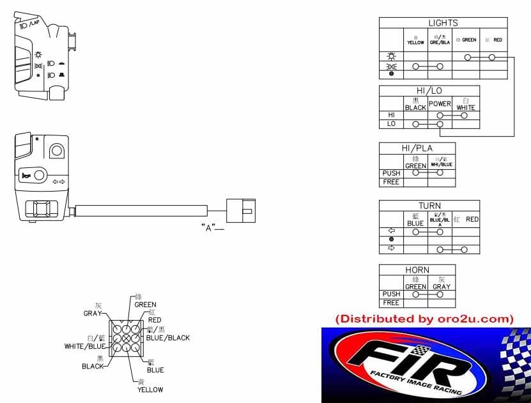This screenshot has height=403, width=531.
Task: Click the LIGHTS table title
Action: coord(442,23)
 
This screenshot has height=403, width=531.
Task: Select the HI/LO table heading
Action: coord(429,91)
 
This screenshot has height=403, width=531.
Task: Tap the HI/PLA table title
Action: coord(417,148)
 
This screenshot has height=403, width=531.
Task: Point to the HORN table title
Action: coord(417,270)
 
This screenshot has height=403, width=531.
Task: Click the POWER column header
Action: coord(440,104)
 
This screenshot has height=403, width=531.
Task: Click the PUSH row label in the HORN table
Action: coord(391,294)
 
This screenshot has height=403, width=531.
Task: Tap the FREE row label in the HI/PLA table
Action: coord(391,182)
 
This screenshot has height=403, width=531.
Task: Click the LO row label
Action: coord(391,124)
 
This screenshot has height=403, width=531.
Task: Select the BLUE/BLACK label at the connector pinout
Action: coord(167,338)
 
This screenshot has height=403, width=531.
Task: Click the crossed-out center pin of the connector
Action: coord(127,337)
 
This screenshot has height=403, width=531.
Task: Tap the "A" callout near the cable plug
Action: coord(206,227)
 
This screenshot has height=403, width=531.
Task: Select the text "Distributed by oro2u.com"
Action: coord(424,318)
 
